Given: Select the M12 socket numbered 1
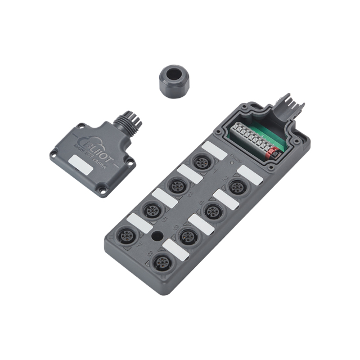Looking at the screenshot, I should [201, 163].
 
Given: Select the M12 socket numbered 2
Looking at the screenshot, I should [237, 187].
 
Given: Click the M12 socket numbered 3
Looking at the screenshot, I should [177, 186].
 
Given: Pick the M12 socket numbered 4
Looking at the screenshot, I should [211, 211].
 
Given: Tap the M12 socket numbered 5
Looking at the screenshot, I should [151, 210].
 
